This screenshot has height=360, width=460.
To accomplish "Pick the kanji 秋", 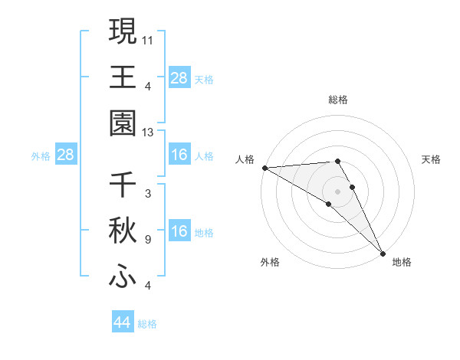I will (123, 231).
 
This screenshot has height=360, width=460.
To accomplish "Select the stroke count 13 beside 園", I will (148, 133).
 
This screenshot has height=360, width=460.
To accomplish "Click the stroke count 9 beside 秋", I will (148, 240).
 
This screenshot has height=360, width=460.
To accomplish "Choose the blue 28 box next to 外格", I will (66, 155).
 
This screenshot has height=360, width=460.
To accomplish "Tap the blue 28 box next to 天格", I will (179, 78).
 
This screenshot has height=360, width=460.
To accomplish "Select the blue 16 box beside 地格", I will (179, 232).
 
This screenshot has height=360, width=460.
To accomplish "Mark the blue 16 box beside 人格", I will (179, 155).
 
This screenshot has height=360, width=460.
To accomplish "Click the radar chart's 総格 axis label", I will (338, 100).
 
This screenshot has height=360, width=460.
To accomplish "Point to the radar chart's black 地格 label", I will (402, 262).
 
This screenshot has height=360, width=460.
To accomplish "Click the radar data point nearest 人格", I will (264, 168).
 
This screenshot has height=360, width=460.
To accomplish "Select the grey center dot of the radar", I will (337, 191).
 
